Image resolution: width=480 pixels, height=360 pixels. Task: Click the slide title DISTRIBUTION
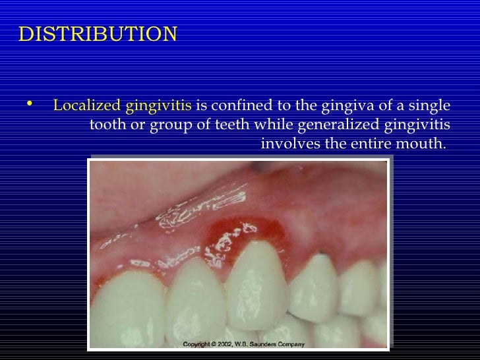[98, 34]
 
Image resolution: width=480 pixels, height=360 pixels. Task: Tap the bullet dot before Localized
[27, 104]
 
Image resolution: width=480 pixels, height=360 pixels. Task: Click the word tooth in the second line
[106, 125]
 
